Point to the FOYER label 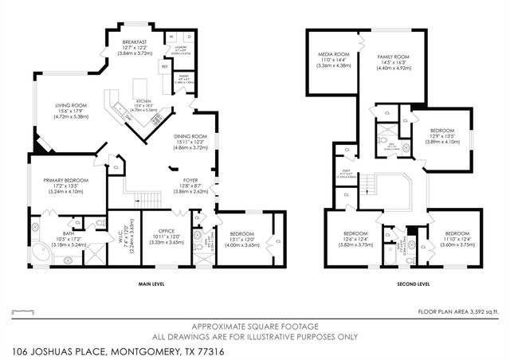(x=190, y=180)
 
